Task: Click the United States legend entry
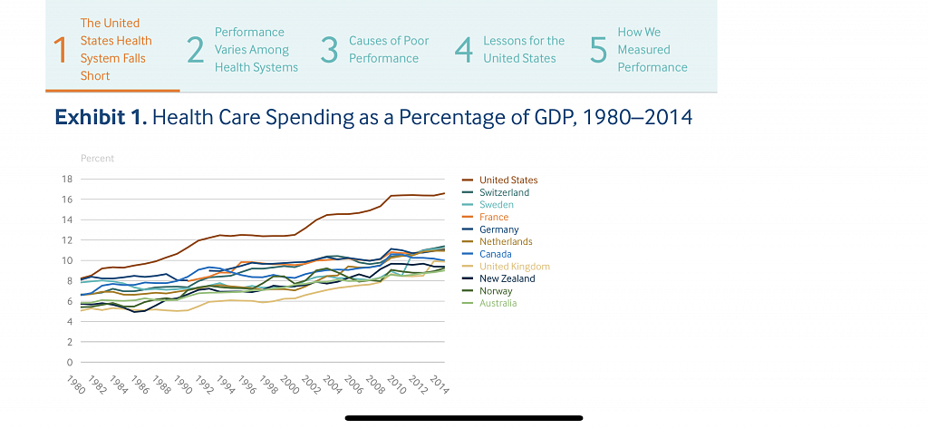click(x=507, y=180)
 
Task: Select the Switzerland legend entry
click(x=504, y=192)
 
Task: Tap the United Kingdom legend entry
click(x=514, y=267)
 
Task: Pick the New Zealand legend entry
click(x=507, y=278)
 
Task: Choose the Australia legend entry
click(x=498, y=303)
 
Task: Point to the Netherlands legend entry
click(x=506, y=242)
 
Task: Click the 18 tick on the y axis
click(x=66, y=179)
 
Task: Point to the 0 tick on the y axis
click(x=69, y=363)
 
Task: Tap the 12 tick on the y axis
click(x=66, y=240)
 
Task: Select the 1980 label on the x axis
click(x=78, y=384)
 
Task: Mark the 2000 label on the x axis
click(x=288, y=384)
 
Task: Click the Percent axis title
click(x=97, y=158)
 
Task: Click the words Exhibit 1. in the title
click(x=101, y=118)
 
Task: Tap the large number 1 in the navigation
click(x=61, y=51)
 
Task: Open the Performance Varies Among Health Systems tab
click(x=256, y=50)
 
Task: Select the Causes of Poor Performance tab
click(x=389, y=50)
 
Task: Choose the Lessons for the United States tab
click(x=523, y=50)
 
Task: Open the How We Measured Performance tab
click(x=652, y=50)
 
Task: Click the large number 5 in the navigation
click(x=597, y=51)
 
